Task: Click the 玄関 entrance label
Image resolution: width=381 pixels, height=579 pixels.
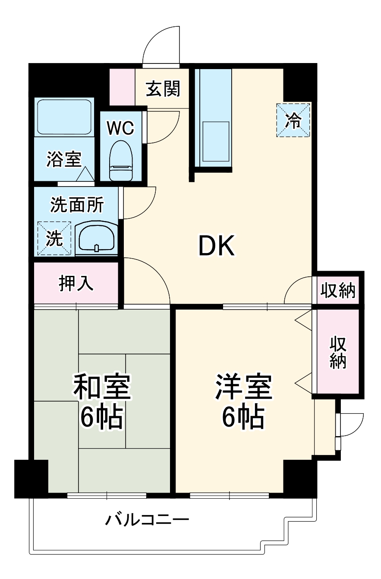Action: pos(163,89)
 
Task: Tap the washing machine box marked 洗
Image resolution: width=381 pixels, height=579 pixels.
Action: pos(54,238)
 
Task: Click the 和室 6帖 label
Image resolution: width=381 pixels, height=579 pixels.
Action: pos(101,402)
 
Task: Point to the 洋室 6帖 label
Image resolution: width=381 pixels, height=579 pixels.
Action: pos(244,402)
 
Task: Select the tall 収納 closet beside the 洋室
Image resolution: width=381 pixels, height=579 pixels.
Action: pos(338,352)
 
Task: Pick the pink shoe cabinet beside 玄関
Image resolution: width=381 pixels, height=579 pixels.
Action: pos(122,86)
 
